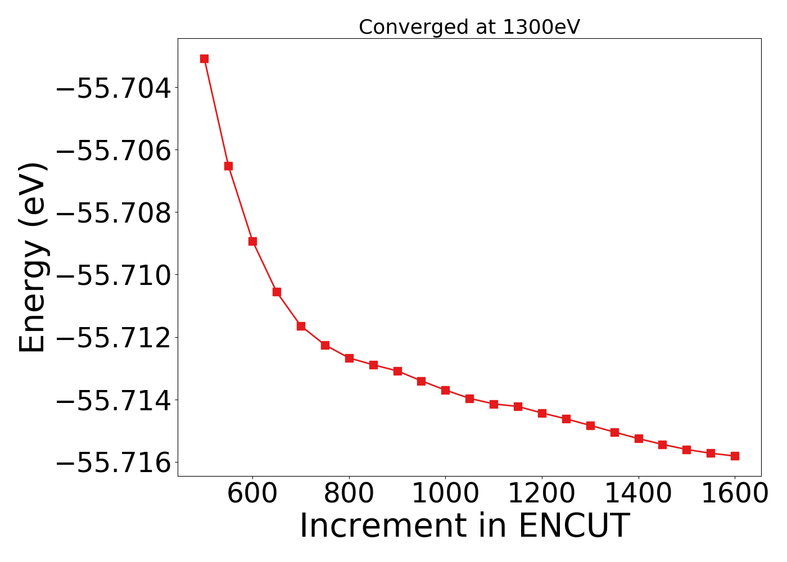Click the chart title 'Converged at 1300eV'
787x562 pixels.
(469, 27)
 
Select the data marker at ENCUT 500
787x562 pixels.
(204, 58)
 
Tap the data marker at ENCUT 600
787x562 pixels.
(252, 241)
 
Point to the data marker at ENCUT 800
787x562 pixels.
(349, 358)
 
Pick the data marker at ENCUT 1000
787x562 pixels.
(445, 390)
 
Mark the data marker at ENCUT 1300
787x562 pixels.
(590, 425)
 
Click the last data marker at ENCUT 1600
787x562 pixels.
(735, 456)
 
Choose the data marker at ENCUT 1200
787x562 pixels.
(542, 413)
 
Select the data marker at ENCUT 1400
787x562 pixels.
(639, 438)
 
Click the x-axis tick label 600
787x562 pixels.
(252, 494)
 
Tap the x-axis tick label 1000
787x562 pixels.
(445, 494)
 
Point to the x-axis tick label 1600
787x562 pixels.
(735, 494)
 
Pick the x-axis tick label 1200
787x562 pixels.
(542, 494)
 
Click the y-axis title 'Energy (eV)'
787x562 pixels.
(32, 257)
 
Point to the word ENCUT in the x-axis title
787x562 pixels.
(573, 527)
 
